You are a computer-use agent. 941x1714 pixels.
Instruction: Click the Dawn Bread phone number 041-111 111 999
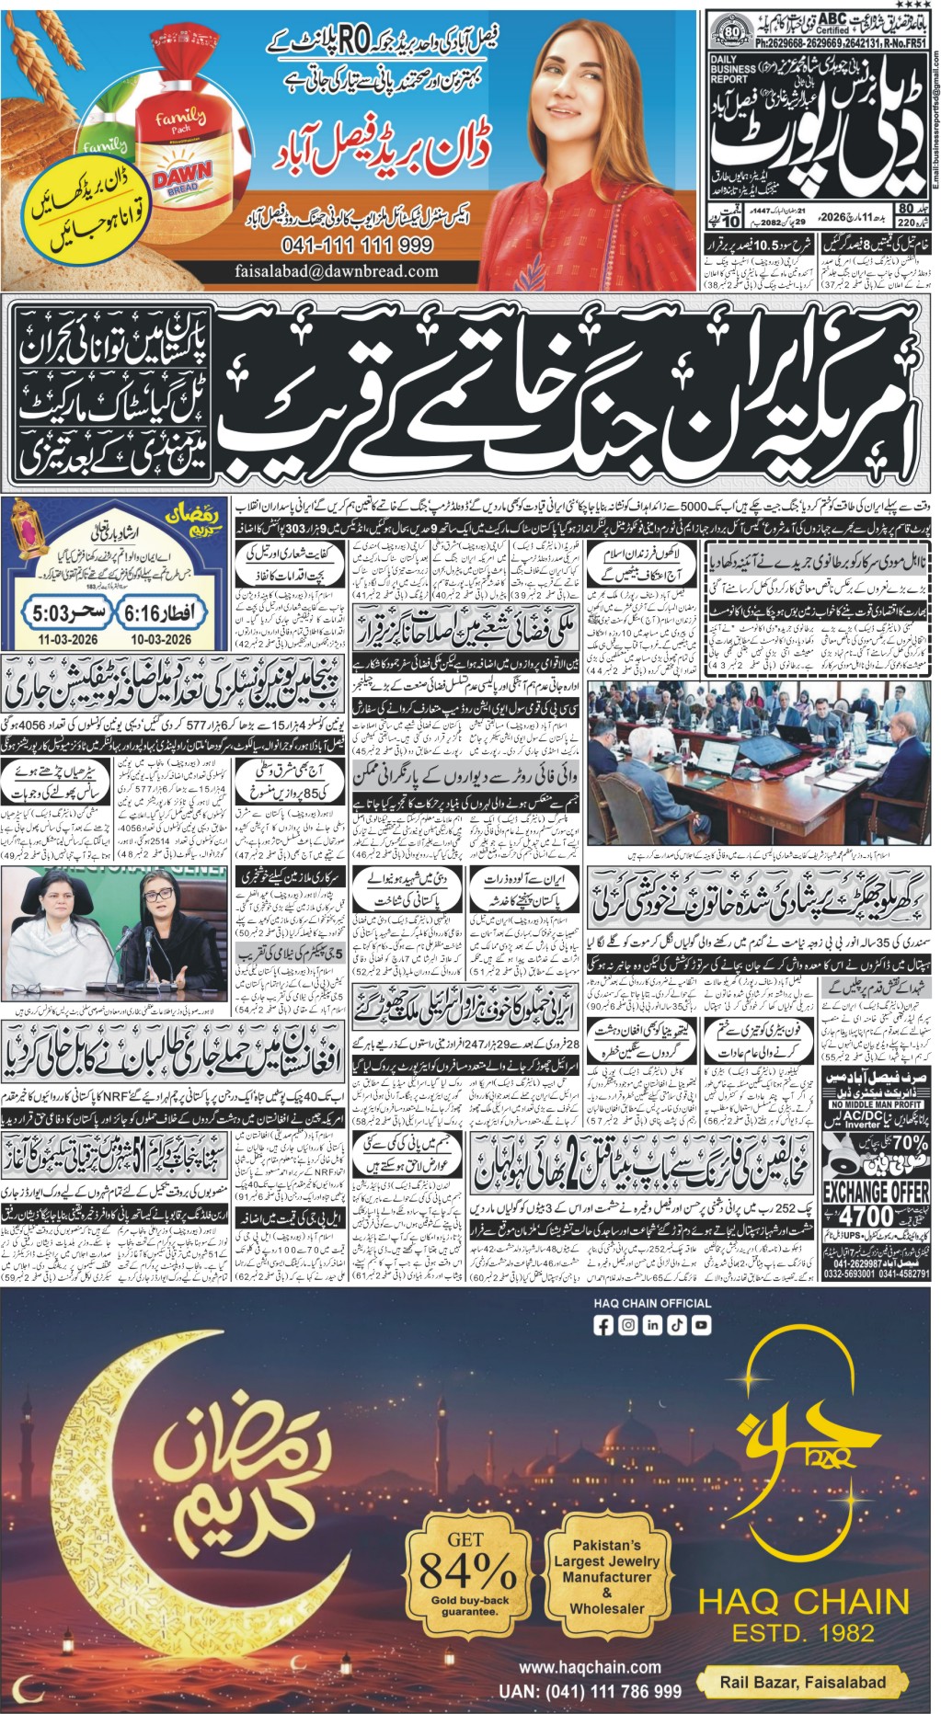point(358,245)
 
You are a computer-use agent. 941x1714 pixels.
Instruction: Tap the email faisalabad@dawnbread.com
point(336,271)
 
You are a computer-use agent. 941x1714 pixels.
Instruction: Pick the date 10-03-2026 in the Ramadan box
point(160,638)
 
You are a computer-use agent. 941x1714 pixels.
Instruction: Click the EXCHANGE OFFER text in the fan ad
point(875,1192)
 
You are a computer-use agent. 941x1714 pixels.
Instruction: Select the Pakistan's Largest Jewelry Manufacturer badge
point(605,1576)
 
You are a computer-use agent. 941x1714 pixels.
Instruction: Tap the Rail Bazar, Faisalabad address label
point(802,1682)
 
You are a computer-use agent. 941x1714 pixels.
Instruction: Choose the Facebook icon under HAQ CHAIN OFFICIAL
point(603,1325)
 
